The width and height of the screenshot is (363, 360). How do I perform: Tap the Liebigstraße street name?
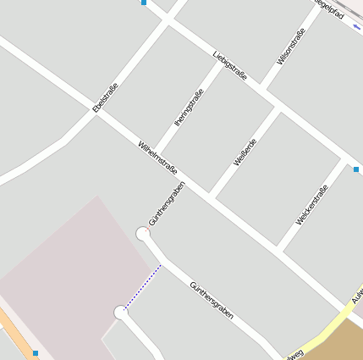[x=230, y=67]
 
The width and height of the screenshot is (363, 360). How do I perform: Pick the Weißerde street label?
[x=245, y=151]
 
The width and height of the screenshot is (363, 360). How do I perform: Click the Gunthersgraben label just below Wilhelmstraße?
[x=166, y=202]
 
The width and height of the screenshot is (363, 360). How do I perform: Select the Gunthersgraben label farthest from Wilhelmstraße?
[x=212, y=300]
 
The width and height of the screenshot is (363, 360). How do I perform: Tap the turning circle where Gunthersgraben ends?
[x=143, y=234]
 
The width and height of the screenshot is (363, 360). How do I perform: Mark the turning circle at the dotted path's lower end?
[x=120, y=313]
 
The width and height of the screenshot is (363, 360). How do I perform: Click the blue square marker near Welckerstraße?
[x=356, y=169]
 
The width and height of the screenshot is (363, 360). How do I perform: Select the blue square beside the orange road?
[x=36, y=352]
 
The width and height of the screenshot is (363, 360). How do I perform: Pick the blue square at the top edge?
[x=144, y=3]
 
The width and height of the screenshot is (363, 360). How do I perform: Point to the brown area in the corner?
[x=343, y=343]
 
